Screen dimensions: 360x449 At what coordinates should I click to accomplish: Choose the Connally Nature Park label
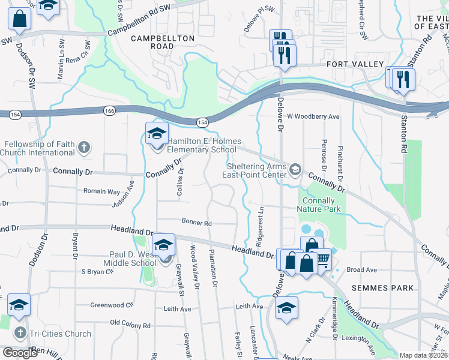(319, 205)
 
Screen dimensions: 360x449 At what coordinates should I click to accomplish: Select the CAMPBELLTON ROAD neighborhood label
(163, 42)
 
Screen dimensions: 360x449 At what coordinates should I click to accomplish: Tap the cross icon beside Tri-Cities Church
(19, 334)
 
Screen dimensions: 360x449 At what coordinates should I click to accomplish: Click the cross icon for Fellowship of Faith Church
(84, 148)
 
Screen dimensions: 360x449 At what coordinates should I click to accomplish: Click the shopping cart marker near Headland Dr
(323, 259)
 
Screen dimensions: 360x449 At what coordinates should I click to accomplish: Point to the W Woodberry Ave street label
(313, 116)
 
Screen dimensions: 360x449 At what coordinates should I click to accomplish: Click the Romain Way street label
(101, 191)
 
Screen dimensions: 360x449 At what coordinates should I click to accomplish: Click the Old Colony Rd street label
(130, 326)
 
